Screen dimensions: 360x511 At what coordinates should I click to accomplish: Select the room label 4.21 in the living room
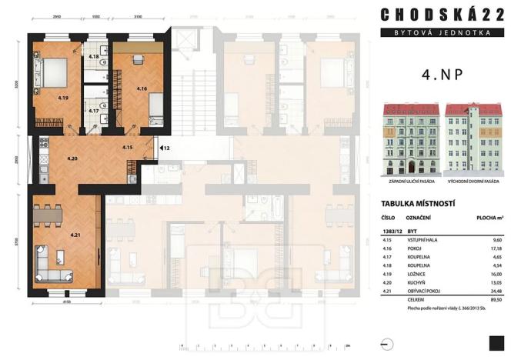[75, 234]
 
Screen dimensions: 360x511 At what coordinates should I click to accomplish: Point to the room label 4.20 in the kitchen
[72, 158]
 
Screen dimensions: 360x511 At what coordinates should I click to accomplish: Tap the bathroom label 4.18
[94, 57]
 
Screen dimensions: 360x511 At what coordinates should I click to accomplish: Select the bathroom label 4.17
[94, 111]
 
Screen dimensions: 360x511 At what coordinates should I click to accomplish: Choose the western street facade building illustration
[409, 139]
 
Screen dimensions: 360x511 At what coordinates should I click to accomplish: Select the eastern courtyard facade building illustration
[472, 139]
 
